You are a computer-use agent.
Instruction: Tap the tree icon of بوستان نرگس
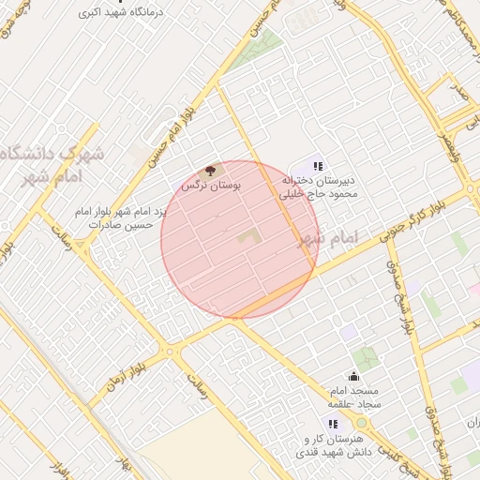[x=210, y=172]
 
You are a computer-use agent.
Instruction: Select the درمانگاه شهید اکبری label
[x=124, y=12]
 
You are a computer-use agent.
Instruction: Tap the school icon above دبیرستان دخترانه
[x=317, y=167]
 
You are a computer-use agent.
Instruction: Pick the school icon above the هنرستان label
[x=334, y=425]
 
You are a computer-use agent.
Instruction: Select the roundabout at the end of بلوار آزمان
[x=171, y=352]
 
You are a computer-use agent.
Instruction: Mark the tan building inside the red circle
[x=247, y=236]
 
